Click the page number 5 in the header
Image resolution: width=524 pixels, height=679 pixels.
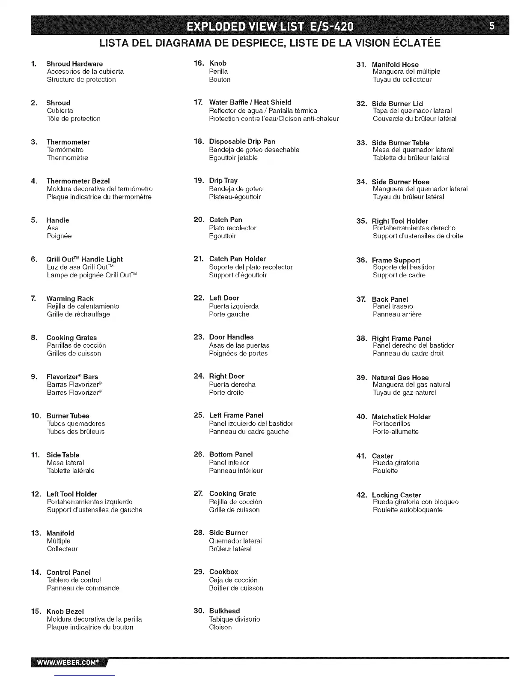point(492,26)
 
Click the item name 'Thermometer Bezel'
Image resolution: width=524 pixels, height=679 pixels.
point(78,181)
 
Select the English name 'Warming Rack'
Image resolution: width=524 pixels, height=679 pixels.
point(70,298)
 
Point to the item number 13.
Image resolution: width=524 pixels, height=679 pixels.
point(36,533)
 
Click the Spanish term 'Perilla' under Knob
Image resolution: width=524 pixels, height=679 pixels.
point(218,72)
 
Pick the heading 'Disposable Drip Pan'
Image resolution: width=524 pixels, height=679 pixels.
point(242,141)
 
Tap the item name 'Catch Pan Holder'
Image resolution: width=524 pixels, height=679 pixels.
point(237,259)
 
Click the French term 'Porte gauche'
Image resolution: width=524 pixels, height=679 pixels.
point(229,314)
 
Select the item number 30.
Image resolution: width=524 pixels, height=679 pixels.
point(199,611)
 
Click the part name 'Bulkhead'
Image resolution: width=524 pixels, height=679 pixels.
point(224,611)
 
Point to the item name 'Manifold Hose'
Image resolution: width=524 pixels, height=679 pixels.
point(395,65)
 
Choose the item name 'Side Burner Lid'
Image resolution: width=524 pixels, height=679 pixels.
point(397,104)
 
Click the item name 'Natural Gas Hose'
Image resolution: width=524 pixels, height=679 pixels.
point(400,378)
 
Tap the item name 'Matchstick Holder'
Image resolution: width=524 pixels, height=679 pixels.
point(401,417)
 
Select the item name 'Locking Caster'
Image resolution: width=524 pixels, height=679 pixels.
point(396,495)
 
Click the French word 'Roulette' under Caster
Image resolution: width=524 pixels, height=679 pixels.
point(385,471)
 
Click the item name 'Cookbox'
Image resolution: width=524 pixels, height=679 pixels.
point(223,572)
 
